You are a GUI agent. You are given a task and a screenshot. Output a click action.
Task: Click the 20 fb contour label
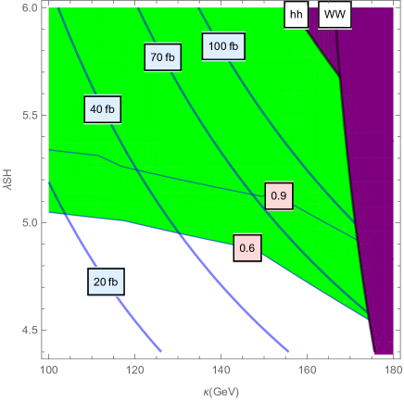click(x=107, y=282)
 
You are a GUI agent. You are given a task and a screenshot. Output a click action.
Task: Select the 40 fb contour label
click(x=103, y=110)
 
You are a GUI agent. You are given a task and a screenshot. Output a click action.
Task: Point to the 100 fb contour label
click(x=223, y=45)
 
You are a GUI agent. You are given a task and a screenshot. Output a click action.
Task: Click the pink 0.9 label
click(x=277, y=195)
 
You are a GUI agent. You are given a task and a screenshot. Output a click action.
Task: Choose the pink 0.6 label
click(x=247, y=248)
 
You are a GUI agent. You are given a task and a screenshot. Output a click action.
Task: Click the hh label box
click(x=297, y=15)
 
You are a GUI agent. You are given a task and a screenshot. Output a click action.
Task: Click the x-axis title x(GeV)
click(x=220, y=389)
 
